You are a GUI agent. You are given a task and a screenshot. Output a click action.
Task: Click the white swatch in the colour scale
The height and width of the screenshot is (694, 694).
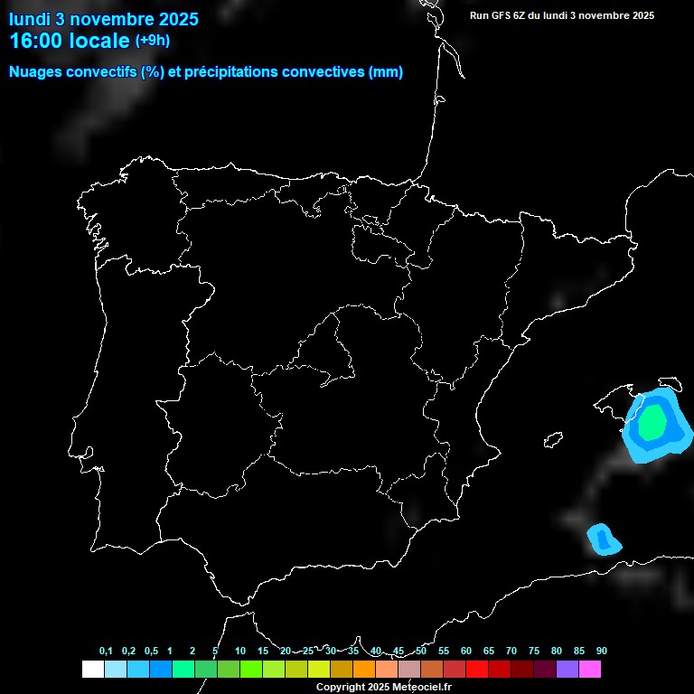click(92, 670)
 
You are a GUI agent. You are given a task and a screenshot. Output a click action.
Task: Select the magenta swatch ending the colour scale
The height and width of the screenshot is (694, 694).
click(590, 670)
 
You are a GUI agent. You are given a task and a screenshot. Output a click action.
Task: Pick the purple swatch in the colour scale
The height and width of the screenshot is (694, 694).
click(567, 670)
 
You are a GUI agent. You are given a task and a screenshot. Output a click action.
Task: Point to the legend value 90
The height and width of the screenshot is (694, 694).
click(601, 652)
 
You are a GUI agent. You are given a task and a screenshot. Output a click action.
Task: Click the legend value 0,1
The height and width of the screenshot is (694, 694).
click(106, 652)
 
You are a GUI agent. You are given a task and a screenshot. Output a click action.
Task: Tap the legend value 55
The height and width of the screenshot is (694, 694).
click(443, 652)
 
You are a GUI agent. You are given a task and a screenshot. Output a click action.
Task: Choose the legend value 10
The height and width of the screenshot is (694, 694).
click(239, 652)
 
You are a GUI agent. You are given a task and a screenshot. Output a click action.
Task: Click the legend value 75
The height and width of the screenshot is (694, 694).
click(533, 652)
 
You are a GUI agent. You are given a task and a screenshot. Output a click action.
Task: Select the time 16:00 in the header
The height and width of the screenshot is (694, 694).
click(38, 41)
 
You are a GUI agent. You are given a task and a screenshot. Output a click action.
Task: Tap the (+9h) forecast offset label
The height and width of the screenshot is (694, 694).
click(152, 41)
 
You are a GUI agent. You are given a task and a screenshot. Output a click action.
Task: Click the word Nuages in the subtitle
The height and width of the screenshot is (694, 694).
click(34, 72)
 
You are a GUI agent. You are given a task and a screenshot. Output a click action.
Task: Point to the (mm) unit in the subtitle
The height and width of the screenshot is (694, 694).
click(386, 72)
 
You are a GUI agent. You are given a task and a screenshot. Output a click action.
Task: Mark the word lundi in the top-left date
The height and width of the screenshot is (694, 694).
click(29, 19)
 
